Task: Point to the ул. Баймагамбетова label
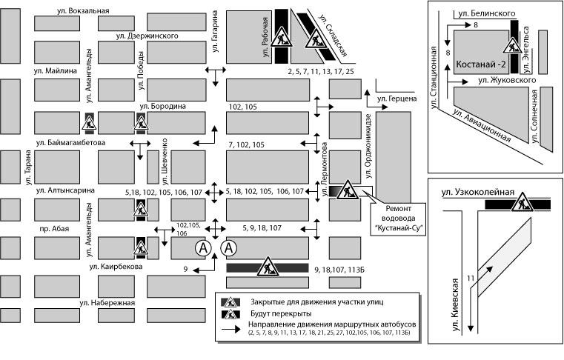click(73, 141)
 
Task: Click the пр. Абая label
click(55, 229)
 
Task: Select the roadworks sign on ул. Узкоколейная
click(523, 201)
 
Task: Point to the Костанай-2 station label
click(480, 64)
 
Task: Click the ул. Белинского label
click(486, 13)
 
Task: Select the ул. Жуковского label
click(507, 79)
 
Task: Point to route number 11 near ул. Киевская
click(470, 278)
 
